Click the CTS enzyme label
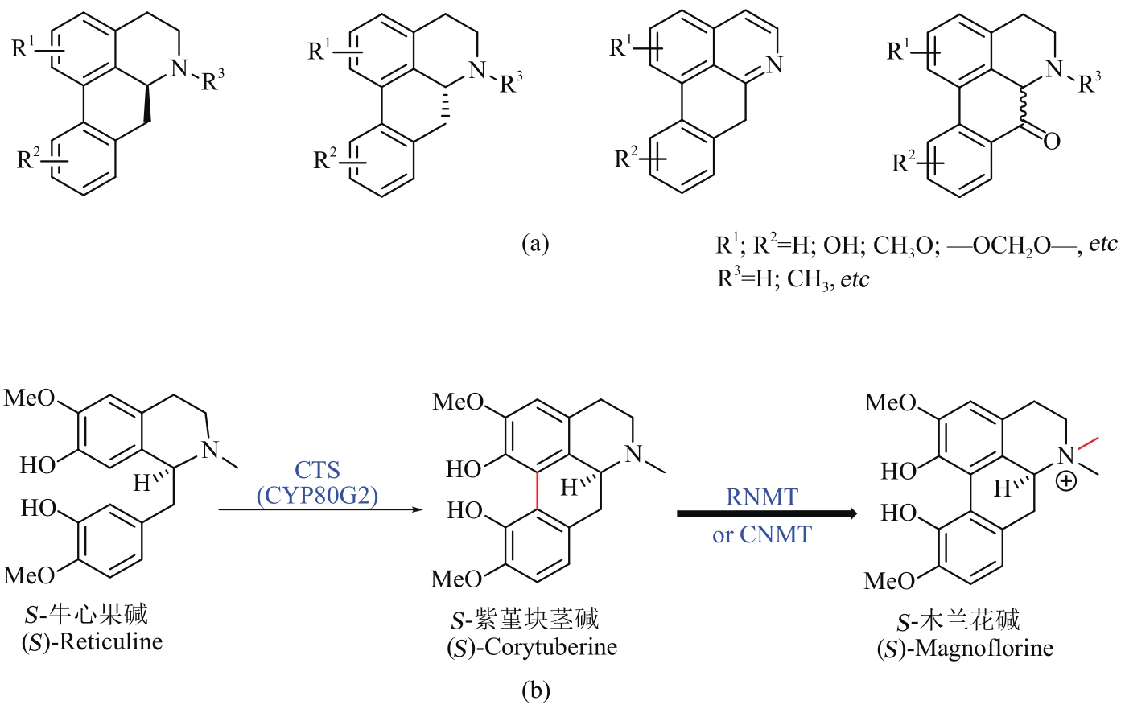pos(317,470)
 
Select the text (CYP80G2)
pos(317,496)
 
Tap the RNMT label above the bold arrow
pos(761,497)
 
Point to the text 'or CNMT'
pos(761,534)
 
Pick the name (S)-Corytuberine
pos(532,647)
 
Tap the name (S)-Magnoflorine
pos(965,649)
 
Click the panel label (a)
pos(536,243)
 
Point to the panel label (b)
pos(536,690)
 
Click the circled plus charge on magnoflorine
pos(1066,482)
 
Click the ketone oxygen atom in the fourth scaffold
pos(1051,141)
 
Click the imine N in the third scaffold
pos(774,64)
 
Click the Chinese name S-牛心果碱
pos(86,616)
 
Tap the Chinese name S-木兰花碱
pos(958,620)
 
